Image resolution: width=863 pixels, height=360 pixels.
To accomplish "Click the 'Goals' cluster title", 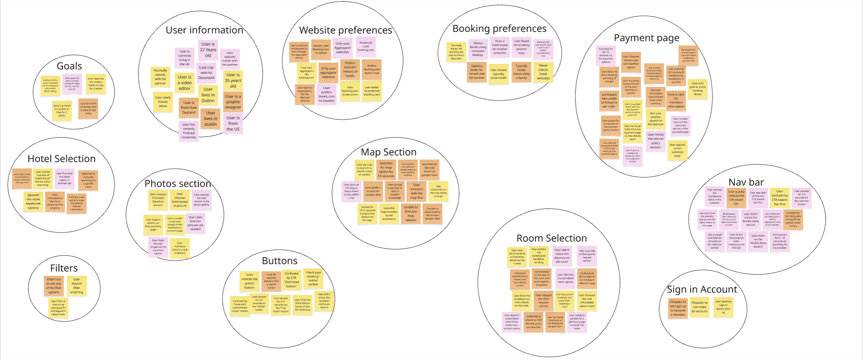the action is pyautogui.click(x=69, y=66).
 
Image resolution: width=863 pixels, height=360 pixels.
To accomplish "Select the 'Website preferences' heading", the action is pyautogui.click(x=345, y=30).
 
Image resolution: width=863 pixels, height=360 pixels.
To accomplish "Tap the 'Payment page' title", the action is pyautogui.click(x=646, y=38).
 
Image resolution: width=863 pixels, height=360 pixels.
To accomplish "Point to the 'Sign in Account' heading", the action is pyautogui.click(x=702, y=290).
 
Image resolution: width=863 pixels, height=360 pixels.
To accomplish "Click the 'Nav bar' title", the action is pyautogui.click(x=746, y=182).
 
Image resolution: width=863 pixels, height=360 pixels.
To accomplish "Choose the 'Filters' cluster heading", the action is pyautogui.click(x=64, y=268).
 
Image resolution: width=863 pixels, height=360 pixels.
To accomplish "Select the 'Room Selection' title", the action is pyautogui.click(x=551, y=238).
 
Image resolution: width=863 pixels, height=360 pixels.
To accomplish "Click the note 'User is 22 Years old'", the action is pyautogui.click(x=208, y=50).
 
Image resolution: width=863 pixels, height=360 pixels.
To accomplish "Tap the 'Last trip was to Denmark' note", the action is pyautogui.click(x=206, y=73).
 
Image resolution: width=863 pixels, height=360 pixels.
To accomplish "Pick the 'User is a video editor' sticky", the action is pyautogui.click(x=184, y=83).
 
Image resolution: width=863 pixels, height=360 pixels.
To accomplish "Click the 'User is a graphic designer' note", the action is pyautogui.click(x=233, y=102).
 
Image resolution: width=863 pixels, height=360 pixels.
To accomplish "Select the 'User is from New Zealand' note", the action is pyautogui.click(x=188, y=108).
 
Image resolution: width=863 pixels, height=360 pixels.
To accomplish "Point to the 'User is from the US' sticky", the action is pyautogui.click(x=233, y=123).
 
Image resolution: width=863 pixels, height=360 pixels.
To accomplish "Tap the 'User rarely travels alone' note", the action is pyautogui.click(x=163, y=102).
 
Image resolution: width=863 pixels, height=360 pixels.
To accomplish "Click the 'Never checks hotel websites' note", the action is pyautogui.click(x=543, y=72).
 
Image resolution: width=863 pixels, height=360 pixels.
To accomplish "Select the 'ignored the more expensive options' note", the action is pyautogui.click(x=33, y=202).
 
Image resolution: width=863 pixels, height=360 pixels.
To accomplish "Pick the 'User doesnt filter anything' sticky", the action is pyautogui.click(x=77, y=286).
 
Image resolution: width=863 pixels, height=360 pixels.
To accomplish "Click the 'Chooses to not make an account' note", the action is pyautogui.click(x=699, y=307).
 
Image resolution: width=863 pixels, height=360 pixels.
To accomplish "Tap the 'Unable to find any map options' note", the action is pyautogui.click(x=410, y=214).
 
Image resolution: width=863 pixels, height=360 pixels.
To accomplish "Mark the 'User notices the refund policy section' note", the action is pyautogui.click(x=656, y=141).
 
